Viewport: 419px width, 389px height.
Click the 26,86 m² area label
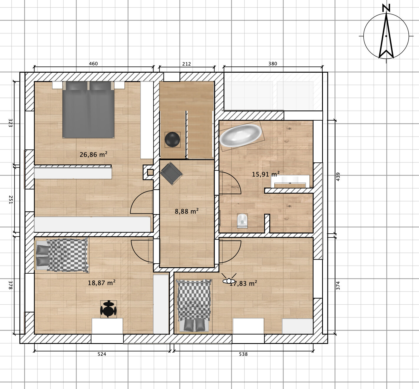click(93, 154)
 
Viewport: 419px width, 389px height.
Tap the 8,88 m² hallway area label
click(187, 211)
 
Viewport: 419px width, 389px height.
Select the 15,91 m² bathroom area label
click(265, 174)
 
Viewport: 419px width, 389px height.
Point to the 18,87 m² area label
click(101, 282)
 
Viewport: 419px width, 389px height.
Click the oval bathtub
click(241, 135)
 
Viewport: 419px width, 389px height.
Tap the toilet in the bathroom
click(242, 221)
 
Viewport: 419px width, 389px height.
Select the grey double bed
click(88, 109)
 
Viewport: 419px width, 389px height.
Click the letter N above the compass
click(386, 8)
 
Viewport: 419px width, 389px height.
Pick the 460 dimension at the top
click(93, 64)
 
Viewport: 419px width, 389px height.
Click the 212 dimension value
click(187, 64)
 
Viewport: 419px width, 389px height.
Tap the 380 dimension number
click(273, 64)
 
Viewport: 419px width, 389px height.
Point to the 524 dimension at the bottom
click(102, 354)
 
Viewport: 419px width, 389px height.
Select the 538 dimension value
click(243, 354)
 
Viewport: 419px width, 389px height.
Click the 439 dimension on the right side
click(338, 177)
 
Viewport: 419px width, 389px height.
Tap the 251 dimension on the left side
click(11, 200)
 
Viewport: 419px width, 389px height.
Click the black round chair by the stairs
click(172, 139)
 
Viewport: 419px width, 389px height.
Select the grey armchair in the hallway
click(171, 174)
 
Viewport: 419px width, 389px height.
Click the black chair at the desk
click(108, 309)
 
